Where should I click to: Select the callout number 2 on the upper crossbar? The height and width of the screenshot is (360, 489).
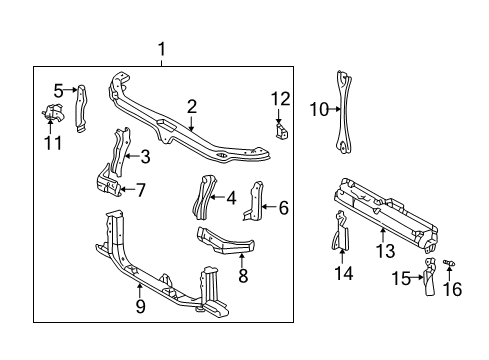[191, 105]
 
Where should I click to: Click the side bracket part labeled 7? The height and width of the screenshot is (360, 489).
[110, 187]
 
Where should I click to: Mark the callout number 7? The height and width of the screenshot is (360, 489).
[141, 188]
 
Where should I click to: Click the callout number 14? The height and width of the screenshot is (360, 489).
[344, 273]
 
